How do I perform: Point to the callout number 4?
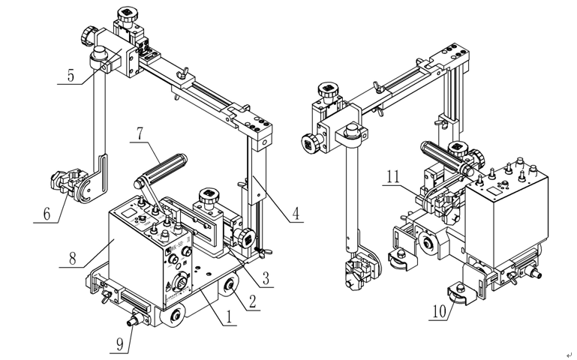(x=297, y=212)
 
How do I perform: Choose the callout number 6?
(x=48, y=213)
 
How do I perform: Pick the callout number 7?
(x=139, y=136)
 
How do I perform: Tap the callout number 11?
(x=393, y=178)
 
